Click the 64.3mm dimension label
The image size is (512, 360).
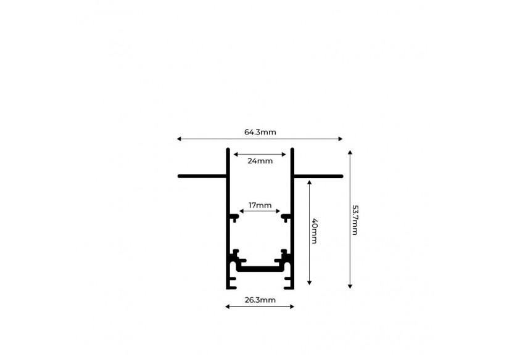pos(260,132)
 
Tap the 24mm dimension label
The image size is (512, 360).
pos(260,161)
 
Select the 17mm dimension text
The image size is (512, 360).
pos(260,205)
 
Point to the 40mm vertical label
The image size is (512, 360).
pos(314,231)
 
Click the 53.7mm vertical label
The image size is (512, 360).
pos(355,220)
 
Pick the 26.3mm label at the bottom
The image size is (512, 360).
pos(260,300)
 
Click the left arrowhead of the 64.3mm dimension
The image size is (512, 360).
pos(179,139)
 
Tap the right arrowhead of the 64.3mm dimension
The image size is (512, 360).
pos(341,139)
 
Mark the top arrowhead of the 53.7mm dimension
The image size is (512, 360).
pos(350,152)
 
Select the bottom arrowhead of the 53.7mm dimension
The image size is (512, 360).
pos(350,287)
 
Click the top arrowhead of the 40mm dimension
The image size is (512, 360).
pos(310,182)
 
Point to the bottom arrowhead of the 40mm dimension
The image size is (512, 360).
pos(310,283)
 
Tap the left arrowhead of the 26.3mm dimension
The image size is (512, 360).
pos(228,307)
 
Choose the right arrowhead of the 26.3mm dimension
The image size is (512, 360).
pos(292,307)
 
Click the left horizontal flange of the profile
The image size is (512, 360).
pos(202,176)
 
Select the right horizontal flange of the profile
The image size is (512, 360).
pos(318,176)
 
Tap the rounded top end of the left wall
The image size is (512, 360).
pos(228,150)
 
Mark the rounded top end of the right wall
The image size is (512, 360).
pos(292,150)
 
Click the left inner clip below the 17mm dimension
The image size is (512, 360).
pos(234,218)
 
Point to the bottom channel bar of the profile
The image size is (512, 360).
pos(260,269)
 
